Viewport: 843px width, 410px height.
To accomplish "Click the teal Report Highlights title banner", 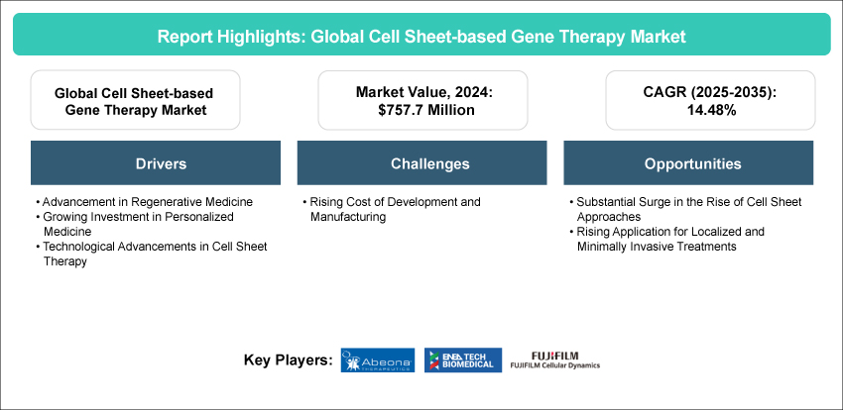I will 421,35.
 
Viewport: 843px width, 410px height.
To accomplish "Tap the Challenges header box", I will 421,163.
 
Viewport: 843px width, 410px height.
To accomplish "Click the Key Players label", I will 288,360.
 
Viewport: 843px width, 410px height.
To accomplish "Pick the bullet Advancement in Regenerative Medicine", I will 144,202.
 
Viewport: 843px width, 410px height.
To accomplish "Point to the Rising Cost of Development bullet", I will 395,209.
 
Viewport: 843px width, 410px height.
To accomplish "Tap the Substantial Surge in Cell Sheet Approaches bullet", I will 684,209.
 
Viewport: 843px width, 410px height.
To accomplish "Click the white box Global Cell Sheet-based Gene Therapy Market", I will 135,100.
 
